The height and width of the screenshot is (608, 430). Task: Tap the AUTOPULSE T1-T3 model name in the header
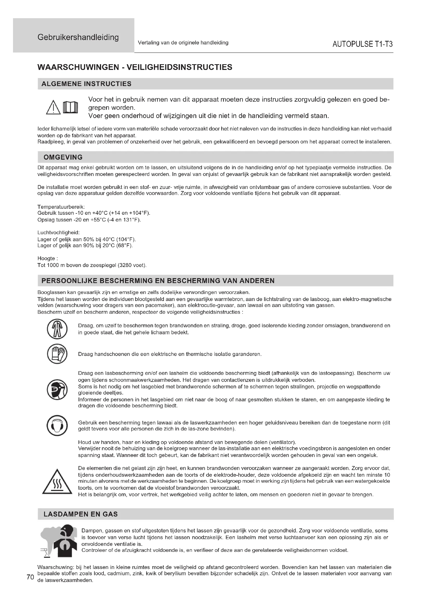(x=362, y=44)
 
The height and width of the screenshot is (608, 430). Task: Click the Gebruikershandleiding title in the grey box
(x=78, y=37)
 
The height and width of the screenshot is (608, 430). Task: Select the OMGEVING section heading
(x=63, y=157)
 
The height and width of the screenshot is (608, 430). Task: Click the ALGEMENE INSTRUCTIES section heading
(x=86, y=84)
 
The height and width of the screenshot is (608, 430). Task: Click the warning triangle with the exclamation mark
(x=53, y=107)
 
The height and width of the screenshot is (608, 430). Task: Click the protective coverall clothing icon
(x=57, y=329)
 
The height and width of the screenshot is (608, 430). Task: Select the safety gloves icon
(x=57, y=354)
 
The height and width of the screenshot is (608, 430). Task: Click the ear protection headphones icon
(x=57, y=426)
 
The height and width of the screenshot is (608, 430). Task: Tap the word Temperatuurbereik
(x=61, y=207)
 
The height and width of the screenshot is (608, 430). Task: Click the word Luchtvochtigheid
(x=58, y=233)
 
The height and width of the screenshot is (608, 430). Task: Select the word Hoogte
(x=46, y=258)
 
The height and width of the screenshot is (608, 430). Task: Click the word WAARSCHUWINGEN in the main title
(x=78, y=67)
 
